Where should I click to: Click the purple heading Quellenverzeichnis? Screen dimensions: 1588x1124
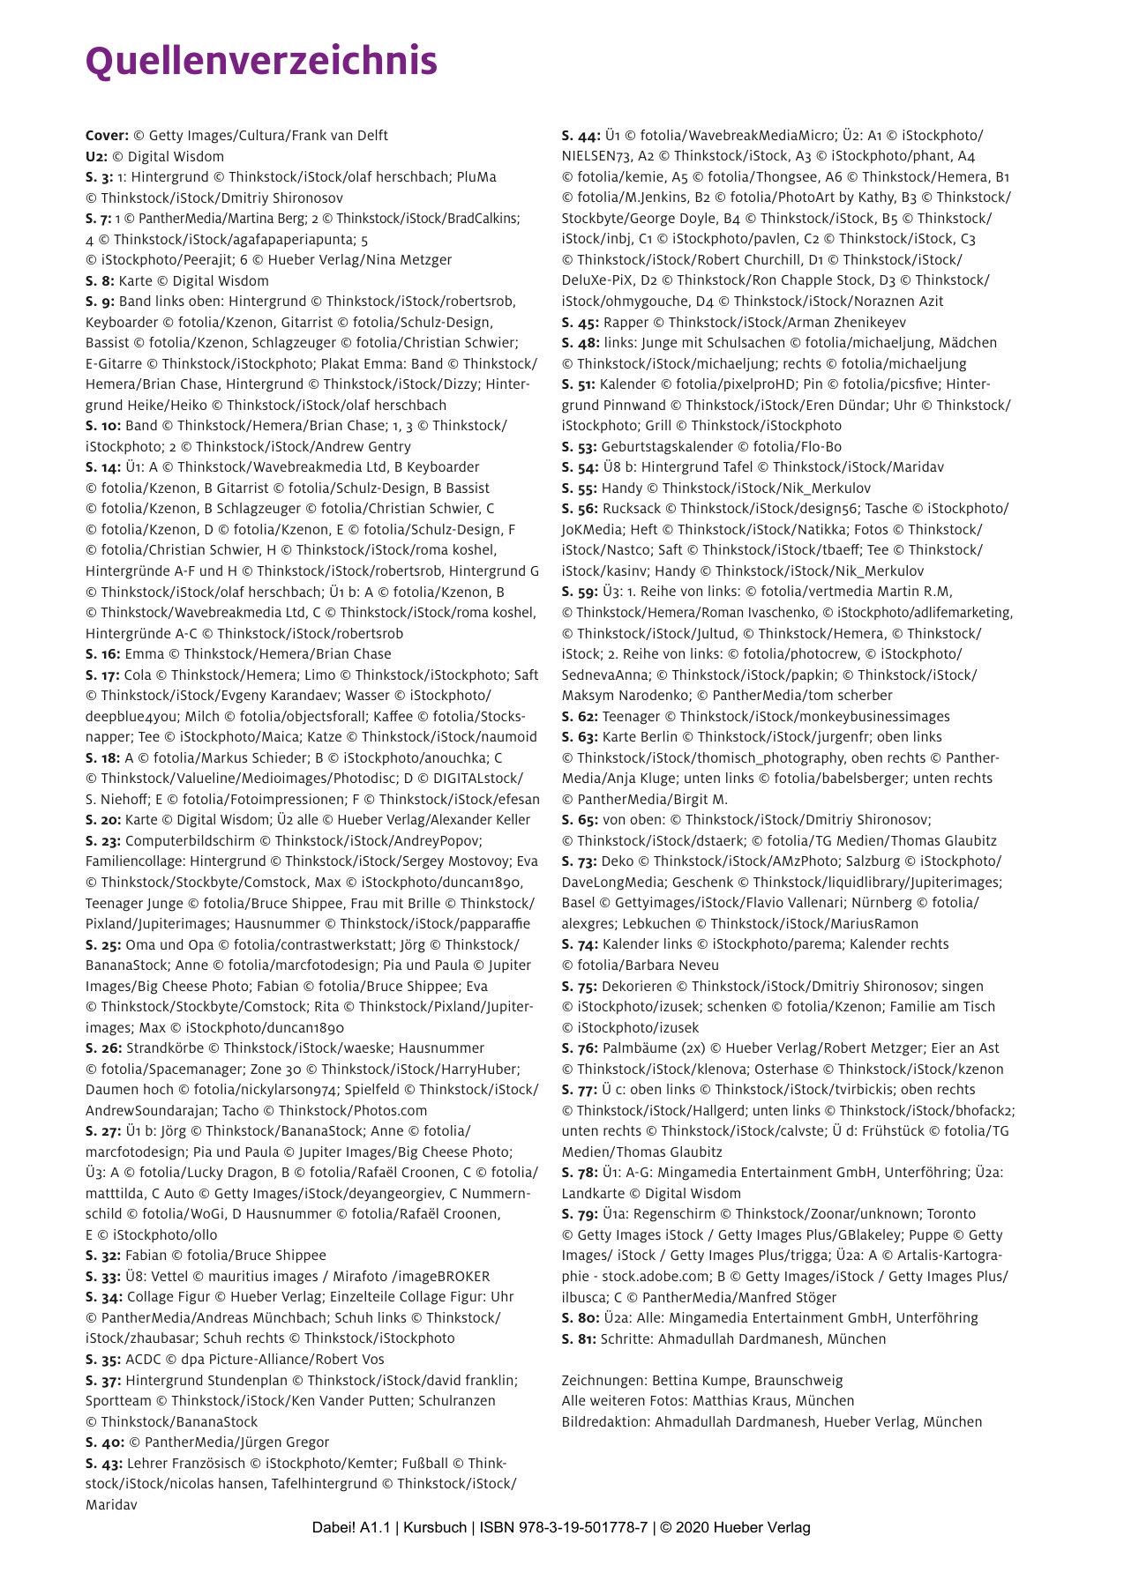point(261,62)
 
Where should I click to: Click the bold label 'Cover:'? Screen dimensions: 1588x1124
point(107,136)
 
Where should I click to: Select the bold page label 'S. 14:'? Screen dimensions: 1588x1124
point(103,467)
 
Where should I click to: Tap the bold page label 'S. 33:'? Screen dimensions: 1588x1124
point(103,1276)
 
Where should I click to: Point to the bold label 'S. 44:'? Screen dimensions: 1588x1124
point(581,136)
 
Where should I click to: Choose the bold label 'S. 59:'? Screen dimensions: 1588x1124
point(580,592)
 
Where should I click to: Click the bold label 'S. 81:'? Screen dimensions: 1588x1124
point(579,1338)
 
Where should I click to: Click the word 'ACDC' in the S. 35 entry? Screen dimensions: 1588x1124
point(144,1359)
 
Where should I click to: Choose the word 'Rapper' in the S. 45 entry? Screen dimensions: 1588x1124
point(626,322)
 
